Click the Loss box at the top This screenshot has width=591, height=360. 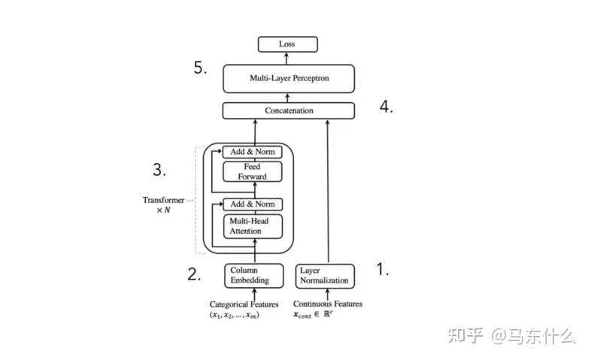(287, 44)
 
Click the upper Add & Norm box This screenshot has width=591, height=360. (252, 152)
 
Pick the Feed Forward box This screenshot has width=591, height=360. (252, 171)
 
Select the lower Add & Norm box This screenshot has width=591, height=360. (252, 204)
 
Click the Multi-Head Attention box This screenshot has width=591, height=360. (252, 225)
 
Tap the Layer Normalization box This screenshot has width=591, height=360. (324, 275)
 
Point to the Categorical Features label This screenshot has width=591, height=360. (244, 304)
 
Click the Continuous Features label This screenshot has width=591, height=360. (327, 304)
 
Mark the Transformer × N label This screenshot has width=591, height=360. (163, 205)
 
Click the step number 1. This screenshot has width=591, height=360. (382, 271)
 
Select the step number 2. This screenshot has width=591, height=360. (194, 274)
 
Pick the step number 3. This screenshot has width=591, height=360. (159, 169)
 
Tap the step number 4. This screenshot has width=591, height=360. (386, 107)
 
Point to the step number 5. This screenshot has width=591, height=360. (200, 68)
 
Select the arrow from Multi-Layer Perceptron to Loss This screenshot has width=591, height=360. (288, 59)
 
